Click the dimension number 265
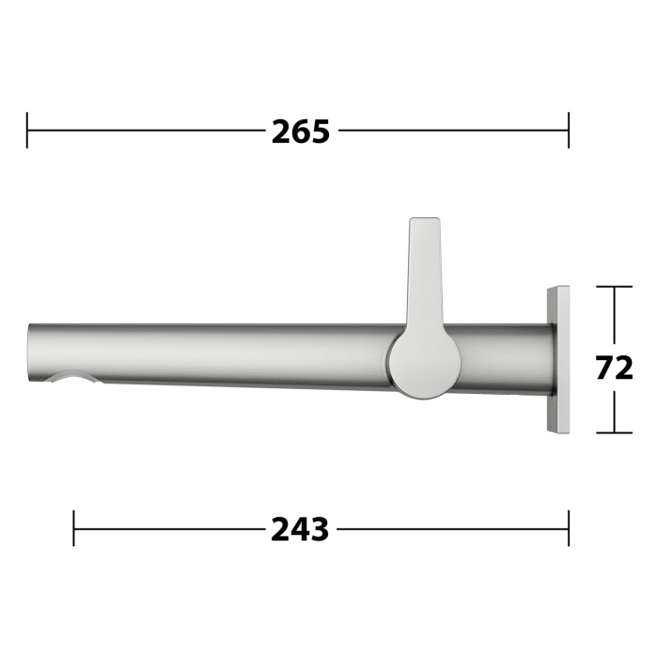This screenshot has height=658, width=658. pyautogui.click(x=301, y=132)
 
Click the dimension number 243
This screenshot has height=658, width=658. pyautogui.click(x=300, y=530)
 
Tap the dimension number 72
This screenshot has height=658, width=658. pyautogui.click(x=615, y=368)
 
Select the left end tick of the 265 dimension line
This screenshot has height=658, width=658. pyautogui.click(x=28, y=131)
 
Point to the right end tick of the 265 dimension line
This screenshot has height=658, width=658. pyautogui.click(x=569, y=131)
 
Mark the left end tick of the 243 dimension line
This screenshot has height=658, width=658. pyautogui.click(x=74, y=529)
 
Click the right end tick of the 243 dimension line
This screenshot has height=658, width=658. pyautogui.click(x=569, y=529)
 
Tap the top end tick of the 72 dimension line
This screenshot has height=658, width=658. pyautogui.click(x=615, y=288)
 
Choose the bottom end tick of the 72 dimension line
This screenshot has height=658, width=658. pyautogui.click(x=615, y=432)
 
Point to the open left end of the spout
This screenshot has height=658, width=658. pyautogui.click(x=31, y=357)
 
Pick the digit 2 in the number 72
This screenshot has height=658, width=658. pyautogui.click(x=625, y=368)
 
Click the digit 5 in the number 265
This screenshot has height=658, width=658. pyautogui.click(x=321, y=132)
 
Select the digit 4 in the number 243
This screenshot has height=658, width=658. pyautogui.click(x=300, y=530)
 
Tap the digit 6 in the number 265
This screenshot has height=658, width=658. pyautogui.click(x=301, y=132)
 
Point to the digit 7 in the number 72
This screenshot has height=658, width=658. pyautogui.click(x=604, y=368)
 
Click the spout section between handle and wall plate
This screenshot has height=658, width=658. pyautogui.click(x=503, y=358)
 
